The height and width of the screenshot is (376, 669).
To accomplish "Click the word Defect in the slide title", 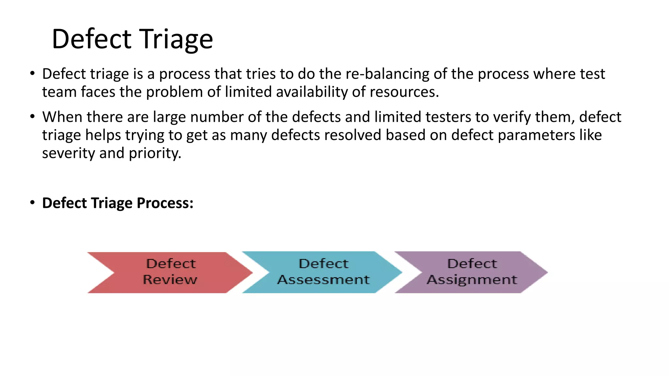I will (x=92, y=39).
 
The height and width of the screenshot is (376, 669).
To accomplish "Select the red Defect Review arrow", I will (x=170, y=272).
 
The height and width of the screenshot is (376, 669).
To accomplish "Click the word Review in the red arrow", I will (x=170, y=280).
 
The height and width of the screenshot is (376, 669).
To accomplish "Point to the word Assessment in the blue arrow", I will (x=323, y=280).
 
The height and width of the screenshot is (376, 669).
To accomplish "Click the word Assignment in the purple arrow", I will (x=472, y=280).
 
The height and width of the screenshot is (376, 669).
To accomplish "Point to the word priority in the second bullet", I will (x=155, y=153).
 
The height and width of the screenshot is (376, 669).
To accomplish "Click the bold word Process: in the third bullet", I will (x=165, y=203).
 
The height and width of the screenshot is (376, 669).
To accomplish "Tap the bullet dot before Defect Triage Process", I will (x=32, y=203).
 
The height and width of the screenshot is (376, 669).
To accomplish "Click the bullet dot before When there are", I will (x=32, y=117).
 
